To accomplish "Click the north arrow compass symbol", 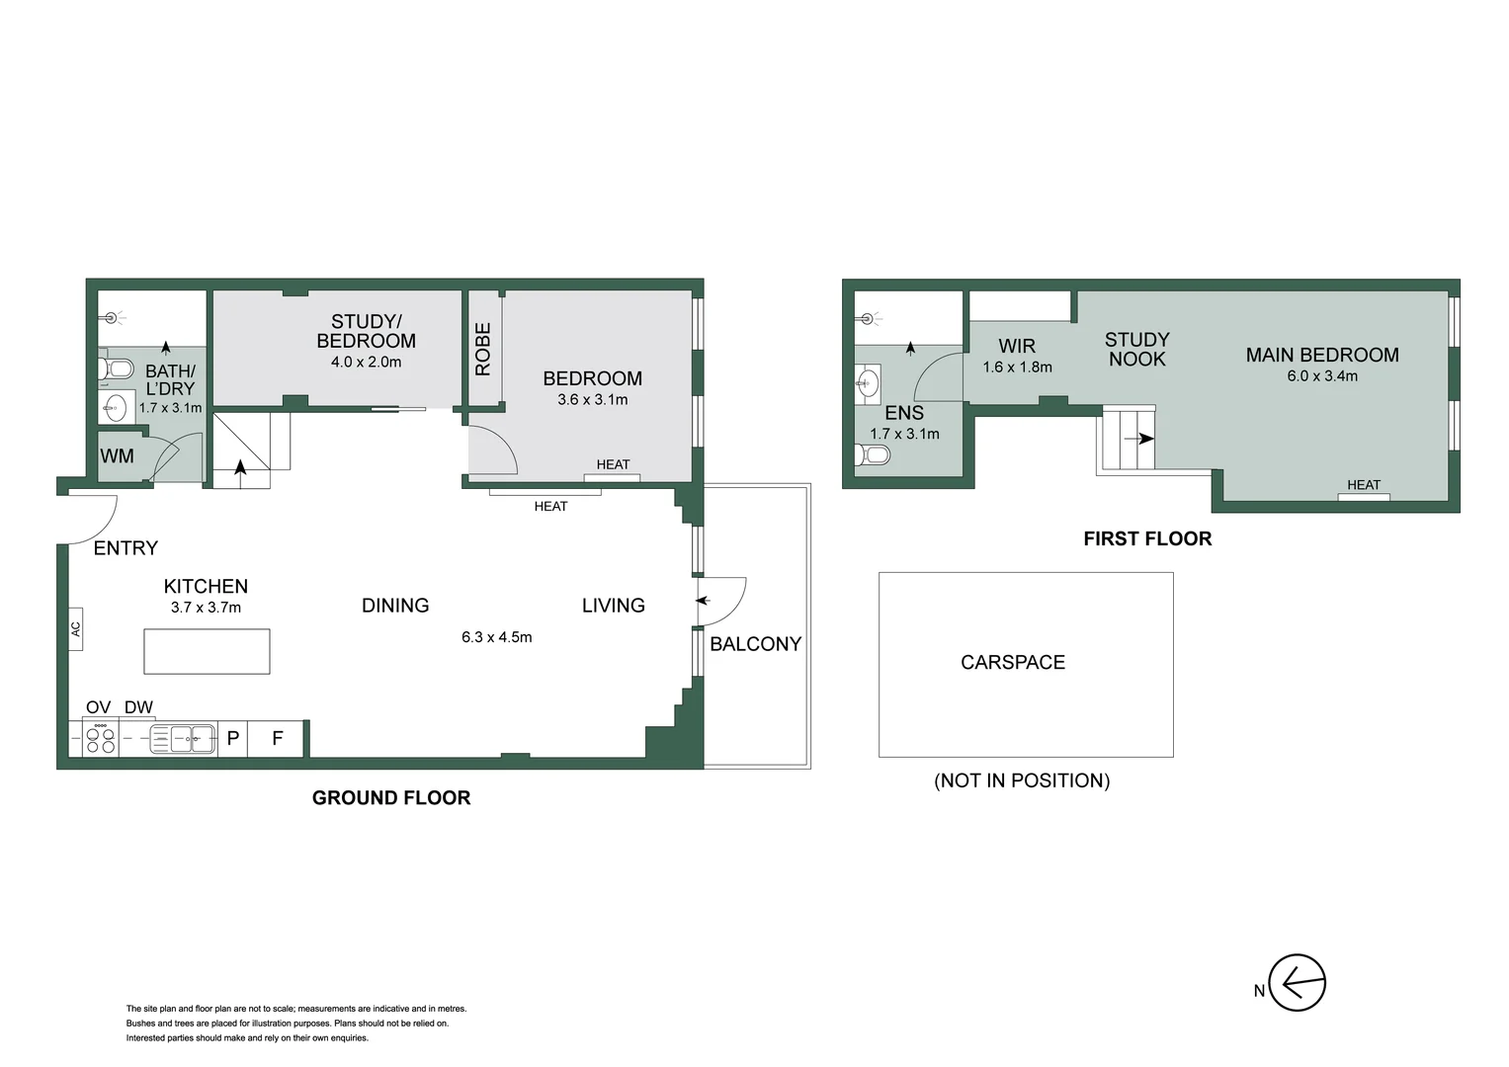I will [x=1296, y=983].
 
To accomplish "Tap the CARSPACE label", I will [x=1013, y=662].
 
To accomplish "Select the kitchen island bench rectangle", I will [x=207, y=651].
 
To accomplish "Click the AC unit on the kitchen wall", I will [x=75, y=628].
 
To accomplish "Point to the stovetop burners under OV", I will [x=100, y=739].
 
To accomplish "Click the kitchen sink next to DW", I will [x=183, y=739].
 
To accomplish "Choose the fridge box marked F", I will [x=278, y=738].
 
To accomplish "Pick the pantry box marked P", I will [x=233, y=738].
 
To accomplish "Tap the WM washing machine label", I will [x=117, y=456].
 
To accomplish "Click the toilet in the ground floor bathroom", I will [x=117, y=369].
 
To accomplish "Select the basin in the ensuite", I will [x=868, y=383].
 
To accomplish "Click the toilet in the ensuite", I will [x=874, y=455].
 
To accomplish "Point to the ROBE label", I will [x=483, y=349].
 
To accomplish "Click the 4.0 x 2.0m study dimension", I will [x=366, y=362].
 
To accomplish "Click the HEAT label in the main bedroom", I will [x=1363, y=485].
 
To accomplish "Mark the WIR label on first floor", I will [x=1017, y=346].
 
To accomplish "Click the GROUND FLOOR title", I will [x=391, y=797].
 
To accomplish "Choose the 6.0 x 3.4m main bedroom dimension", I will [x=1321, y=375].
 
